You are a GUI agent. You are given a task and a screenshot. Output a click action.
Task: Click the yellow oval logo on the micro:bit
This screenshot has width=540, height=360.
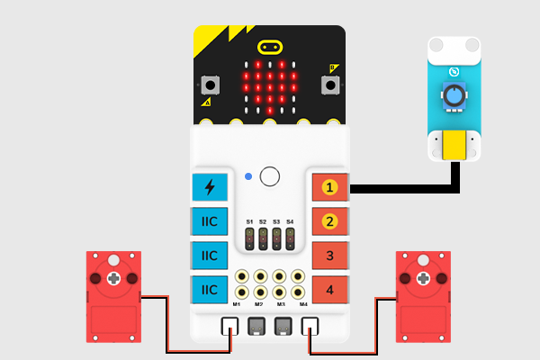pyautogui.click(x=269, y=46)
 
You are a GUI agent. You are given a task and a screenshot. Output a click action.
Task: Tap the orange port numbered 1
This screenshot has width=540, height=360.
pyautogui.click(x=329, y=187)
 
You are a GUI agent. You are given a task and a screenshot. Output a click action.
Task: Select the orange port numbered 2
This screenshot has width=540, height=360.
pyautogui.click(x=329, y=221)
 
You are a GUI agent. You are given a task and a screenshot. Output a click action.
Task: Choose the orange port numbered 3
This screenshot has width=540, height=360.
pyautogui.click(x=329, y=256)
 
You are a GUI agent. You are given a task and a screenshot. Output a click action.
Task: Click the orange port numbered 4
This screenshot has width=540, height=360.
pyautogui.click(x=329, y=289)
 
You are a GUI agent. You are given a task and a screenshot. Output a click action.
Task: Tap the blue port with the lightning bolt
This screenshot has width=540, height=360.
pyautogui.click(x=210, y=187)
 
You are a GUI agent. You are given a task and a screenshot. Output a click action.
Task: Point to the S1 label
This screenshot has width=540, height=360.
pyautogui.click(x=249, y=220)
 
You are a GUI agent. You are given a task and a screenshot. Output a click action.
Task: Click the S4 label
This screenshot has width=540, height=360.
pyautogui.click(x=290, y=220)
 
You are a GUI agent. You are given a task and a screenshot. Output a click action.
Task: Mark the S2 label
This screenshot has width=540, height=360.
pyautogui.click(x=263, y=220)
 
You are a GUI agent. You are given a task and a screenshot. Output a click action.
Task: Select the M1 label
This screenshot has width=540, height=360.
pyautogui.click(x=236, y=304)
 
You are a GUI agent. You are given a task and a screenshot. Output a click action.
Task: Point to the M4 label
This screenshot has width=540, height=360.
pyautogui.click(x=303, y=304)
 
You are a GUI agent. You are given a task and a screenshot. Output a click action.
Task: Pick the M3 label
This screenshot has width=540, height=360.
pyautogui.click(x=281, y=304)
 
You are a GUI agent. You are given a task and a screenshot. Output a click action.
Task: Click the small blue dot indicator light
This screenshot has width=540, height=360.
pyautogui.click(x=248, y=175)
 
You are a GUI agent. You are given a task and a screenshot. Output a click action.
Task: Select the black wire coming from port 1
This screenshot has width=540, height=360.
pyautogui.click(x=405, y=189)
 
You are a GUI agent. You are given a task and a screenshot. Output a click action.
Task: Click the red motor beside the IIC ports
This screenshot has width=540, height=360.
pyautogui.click(x=112, y=296)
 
